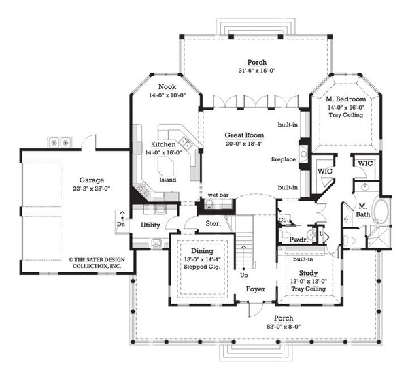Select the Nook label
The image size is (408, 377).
(167, 87)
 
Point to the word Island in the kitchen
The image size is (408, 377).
(167, 180)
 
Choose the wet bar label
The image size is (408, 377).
(218, 195)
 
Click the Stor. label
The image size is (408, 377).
(211, 223)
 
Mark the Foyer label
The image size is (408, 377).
(256, 289)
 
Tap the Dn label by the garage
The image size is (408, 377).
(121, 223)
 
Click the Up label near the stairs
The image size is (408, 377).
(243, 275)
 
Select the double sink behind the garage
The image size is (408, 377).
(58, 142)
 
